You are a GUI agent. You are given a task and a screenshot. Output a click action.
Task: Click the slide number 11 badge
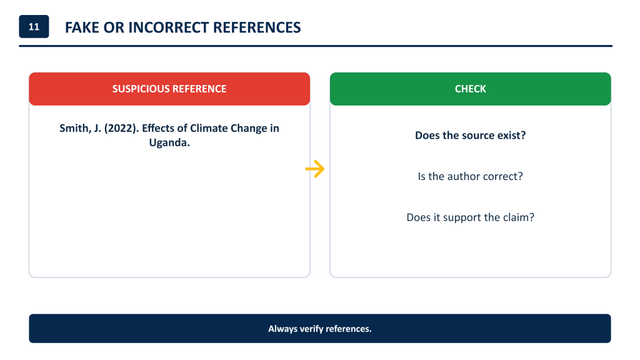pos(34,26)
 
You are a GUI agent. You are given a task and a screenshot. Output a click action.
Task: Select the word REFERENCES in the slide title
pos(257,27)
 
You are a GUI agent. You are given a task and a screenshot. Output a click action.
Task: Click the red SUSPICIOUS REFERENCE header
pos(169,89)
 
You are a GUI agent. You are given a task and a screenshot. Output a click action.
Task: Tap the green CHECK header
pos(470,89)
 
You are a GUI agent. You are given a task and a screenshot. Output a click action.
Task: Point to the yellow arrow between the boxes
pos(315,169)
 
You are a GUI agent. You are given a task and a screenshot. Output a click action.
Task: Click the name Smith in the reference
pos(76,128)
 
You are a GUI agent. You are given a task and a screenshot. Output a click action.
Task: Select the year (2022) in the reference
pos(122,128)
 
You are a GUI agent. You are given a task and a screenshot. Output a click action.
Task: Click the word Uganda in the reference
pos(169,142)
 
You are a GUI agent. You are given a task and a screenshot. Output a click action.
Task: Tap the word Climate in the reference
pos(209,128)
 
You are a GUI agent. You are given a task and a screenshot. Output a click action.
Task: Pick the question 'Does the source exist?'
pos(470,135)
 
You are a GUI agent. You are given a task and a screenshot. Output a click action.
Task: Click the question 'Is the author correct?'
pos(470,176)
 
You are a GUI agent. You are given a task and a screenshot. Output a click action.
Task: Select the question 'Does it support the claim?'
pos(470,217)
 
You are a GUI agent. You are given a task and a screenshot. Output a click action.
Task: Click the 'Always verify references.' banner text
pos(320,329)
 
